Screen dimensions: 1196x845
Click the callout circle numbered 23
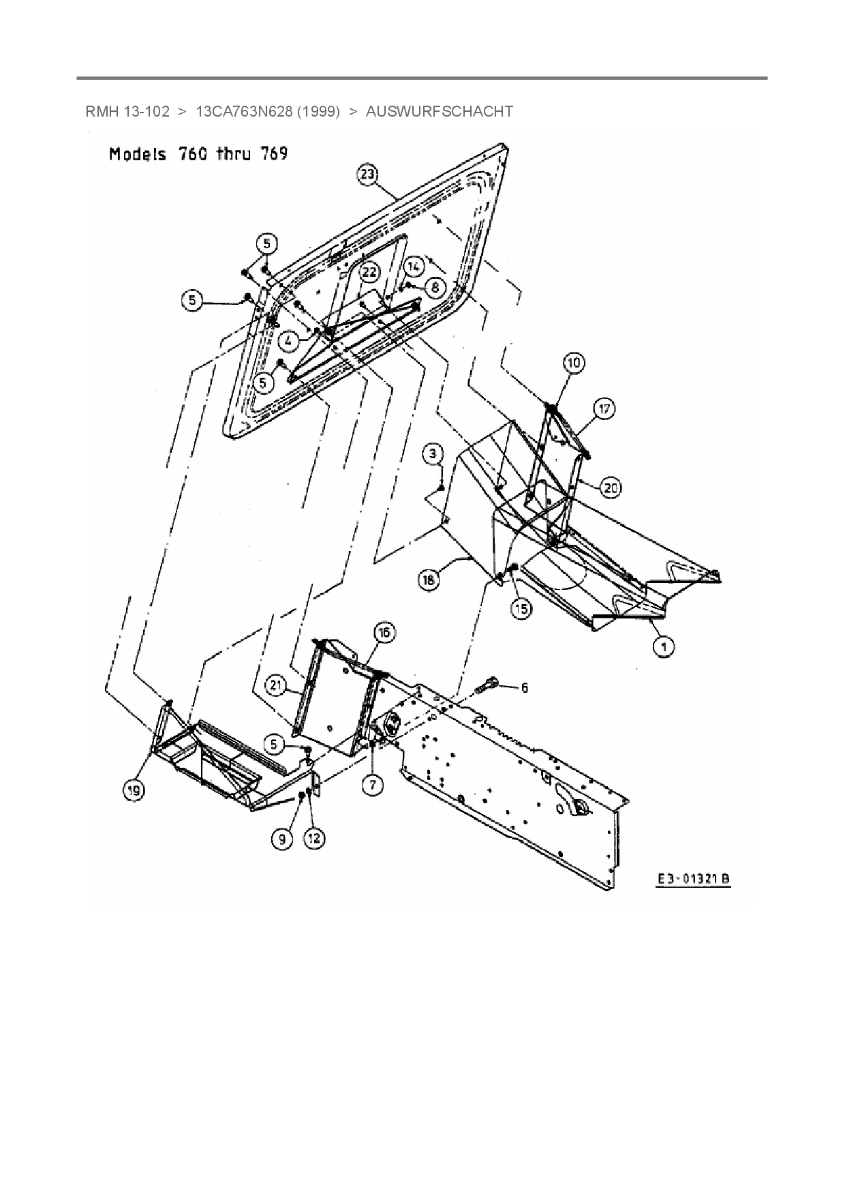coord(367,175)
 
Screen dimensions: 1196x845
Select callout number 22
coord(369,272)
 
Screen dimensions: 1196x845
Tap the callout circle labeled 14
coord(414,265)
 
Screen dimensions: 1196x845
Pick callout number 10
coord(574,363)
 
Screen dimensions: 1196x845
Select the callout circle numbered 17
coord(604,409)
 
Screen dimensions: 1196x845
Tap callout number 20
coord(610,487)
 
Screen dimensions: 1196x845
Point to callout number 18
coord(428,580)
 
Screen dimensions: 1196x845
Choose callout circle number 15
coord(521,608)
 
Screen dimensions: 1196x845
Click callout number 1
coord(664,645)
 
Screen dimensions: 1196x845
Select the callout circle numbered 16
coord(384,633)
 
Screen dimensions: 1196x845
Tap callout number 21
coord(275,685)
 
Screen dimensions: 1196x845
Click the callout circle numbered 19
coord(134,790)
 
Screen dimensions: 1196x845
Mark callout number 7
coord(373,785)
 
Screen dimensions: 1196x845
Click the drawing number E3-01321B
coord(693,878)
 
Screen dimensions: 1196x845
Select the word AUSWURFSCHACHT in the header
coord(439,111)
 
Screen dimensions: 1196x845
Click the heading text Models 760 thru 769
coord(198,154)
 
